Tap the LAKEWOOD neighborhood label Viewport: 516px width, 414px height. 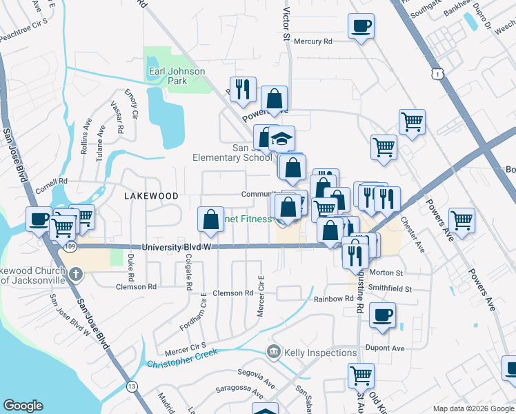click(x=151, y=196)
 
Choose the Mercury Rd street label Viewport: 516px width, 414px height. click(x=313, y=41)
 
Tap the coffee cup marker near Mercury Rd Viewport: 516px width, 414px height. click(x=361, y=28)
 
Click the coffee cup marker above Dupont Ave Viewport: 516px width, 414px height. click(x=382, y=316)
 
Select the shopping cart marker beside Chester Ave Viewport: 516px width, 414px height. click(x=462, y=221)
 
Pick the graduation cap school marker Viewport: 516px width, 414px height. click(x=281, y=139)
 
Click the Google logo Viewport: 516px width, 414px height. click(x=23, y=406)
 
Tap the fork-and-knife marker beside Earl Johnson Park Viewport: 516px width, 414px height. click(x=243, y=90)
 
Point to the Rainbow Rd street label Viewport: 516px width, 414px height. click(x=333, y=299)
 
